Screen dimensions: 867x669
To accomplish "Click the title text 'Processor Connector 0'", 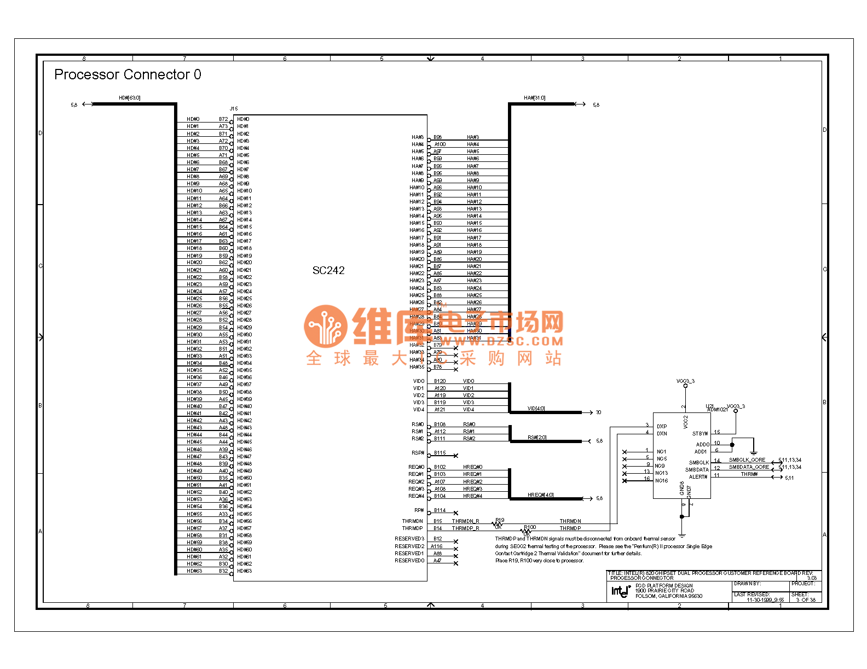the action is coord(128,74).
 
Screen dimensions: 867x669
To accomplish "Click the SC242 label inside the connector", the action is coord(328,270).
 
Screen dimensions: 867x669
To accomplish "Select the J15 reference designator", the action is coord(234,109).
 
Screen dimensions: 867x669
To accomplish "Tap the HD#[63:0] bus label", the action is coord(130,98).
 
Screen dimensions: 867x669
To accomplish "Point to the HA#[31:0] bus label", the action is coord(534,98).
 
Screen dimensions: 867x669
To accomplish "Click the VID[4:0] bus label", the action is coord(536,409).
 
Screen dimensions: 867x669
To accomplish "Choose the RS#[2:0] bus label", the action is coord(537,438).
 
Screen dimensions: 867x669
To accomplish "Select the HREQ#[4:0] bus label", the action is coord(540,495).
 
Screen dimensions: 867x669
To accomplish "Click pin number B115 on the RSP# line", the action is coord(440,453).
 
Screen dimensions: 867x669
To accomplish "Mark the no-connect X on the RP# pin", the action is coord(456,513).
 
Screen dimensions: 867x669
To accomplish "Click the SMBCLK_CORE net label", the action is coord(747,460).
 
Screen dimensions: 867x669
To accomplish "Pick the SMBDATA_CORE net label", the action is coord(749,467).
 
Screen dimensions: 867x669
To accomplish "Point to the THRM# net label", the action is coord(749,474).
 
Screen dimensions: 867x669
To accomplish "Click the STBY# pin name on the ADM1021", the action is coord(700,434).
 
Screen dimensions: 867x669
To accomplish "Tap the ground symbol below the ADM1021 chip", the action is coord(682,535).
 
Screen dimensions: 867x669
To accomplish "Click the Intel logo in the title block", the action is coord(621,591).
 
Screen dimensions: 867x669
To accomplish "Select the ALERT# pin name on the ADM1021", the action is coord(698,477).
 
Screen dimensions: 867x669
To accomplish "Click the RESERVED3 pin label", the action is coord(409,539).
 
